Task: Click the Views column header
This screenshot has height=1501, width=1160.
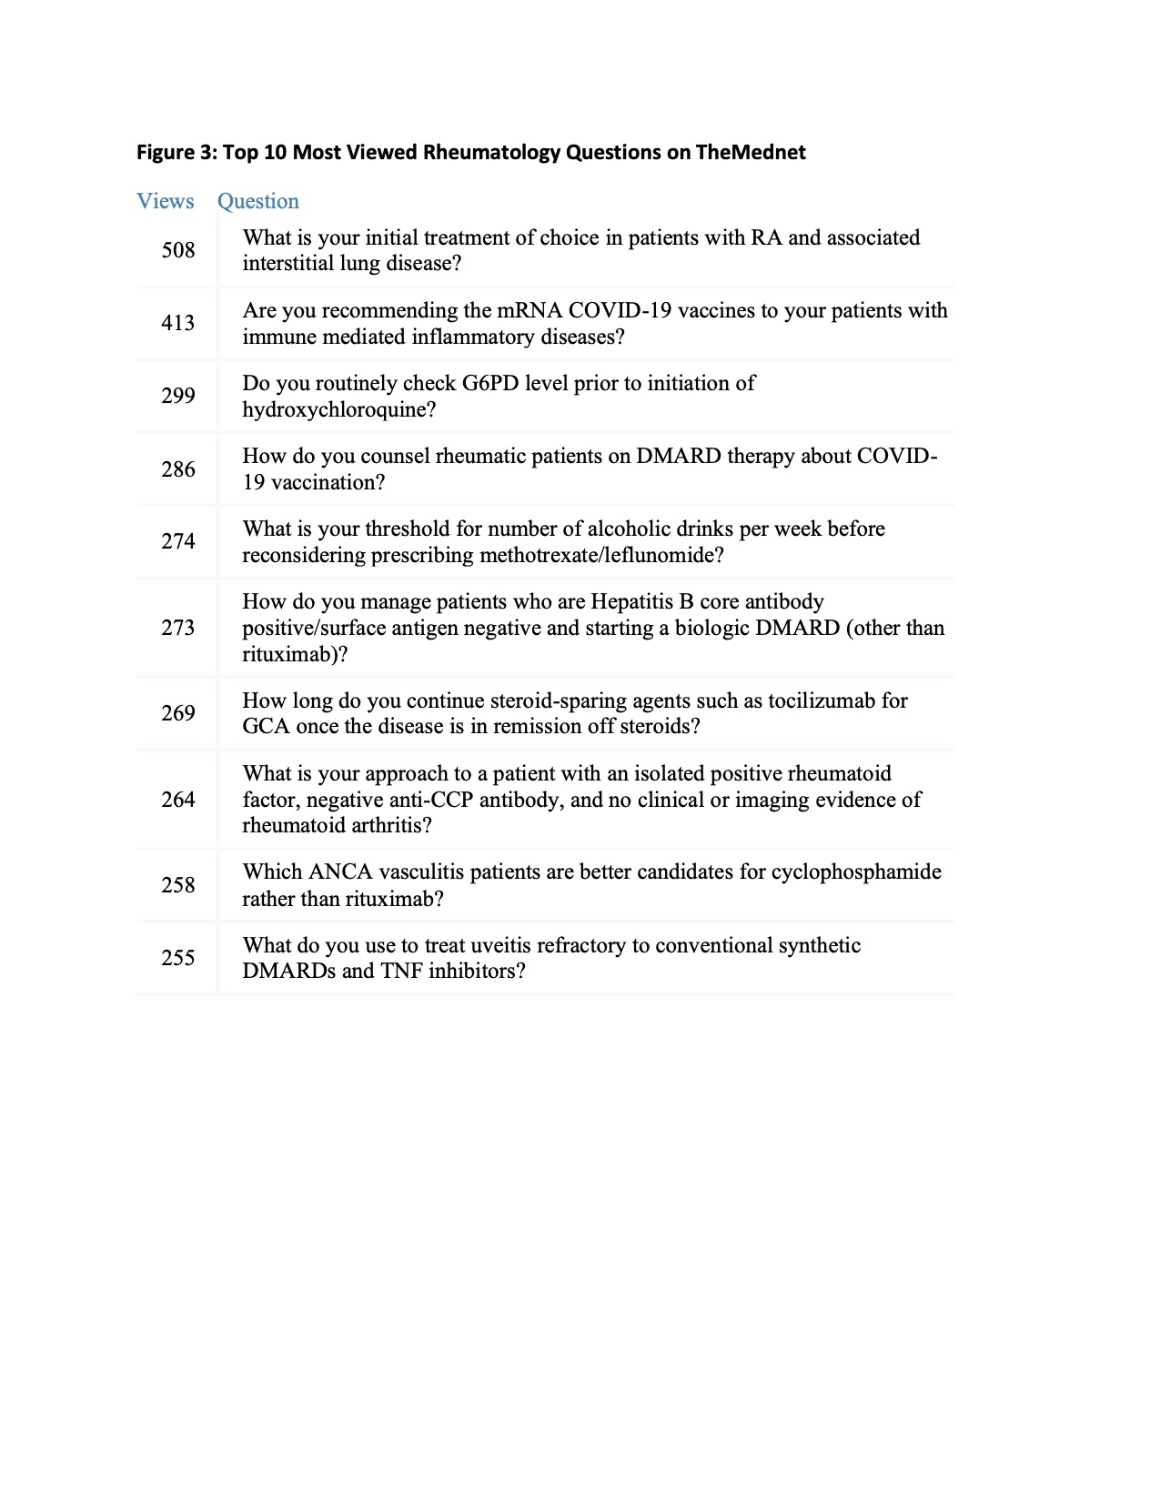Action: pyautogui.click(x=165, y=201)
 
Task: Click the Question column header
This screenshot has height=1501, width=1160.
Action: pyautogui.click(x=257, y=201)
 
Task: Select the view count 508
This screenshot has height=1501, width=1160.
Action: pyautogui.click(x=178, y=250)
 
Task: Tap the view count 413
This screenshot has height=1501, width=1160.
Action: pyautogui.click(x=178, y=323)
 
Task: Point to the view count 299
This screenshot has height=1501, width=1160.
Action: pyautogui.click(x=178, y=396)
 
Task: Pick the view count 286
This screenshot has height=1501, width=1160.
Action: pyautogui.click(x=178, y=469)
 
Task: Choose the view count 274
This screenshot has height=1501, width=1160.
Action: pyautogui.click(x=178, y=541)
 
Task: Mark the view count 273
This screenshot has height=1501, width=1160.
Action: pyautogui.click(x=178, y=628)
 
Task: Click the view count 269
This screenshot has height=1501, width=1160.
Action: pyautogui.click(x=178, y=713)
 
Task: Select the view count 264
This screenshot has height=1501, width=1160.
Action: pyautogui.click(x=178, y=800)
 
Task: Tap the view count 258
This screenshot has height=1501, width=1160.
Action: pyautogui.click(x=178, y=885)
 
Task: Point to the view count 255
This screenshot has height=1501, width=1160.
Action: pyautogui.click(x=178, y=958)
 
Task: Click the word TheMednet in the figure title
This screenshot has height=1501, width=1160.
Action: pyautogui.click(x=751, y=152)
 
